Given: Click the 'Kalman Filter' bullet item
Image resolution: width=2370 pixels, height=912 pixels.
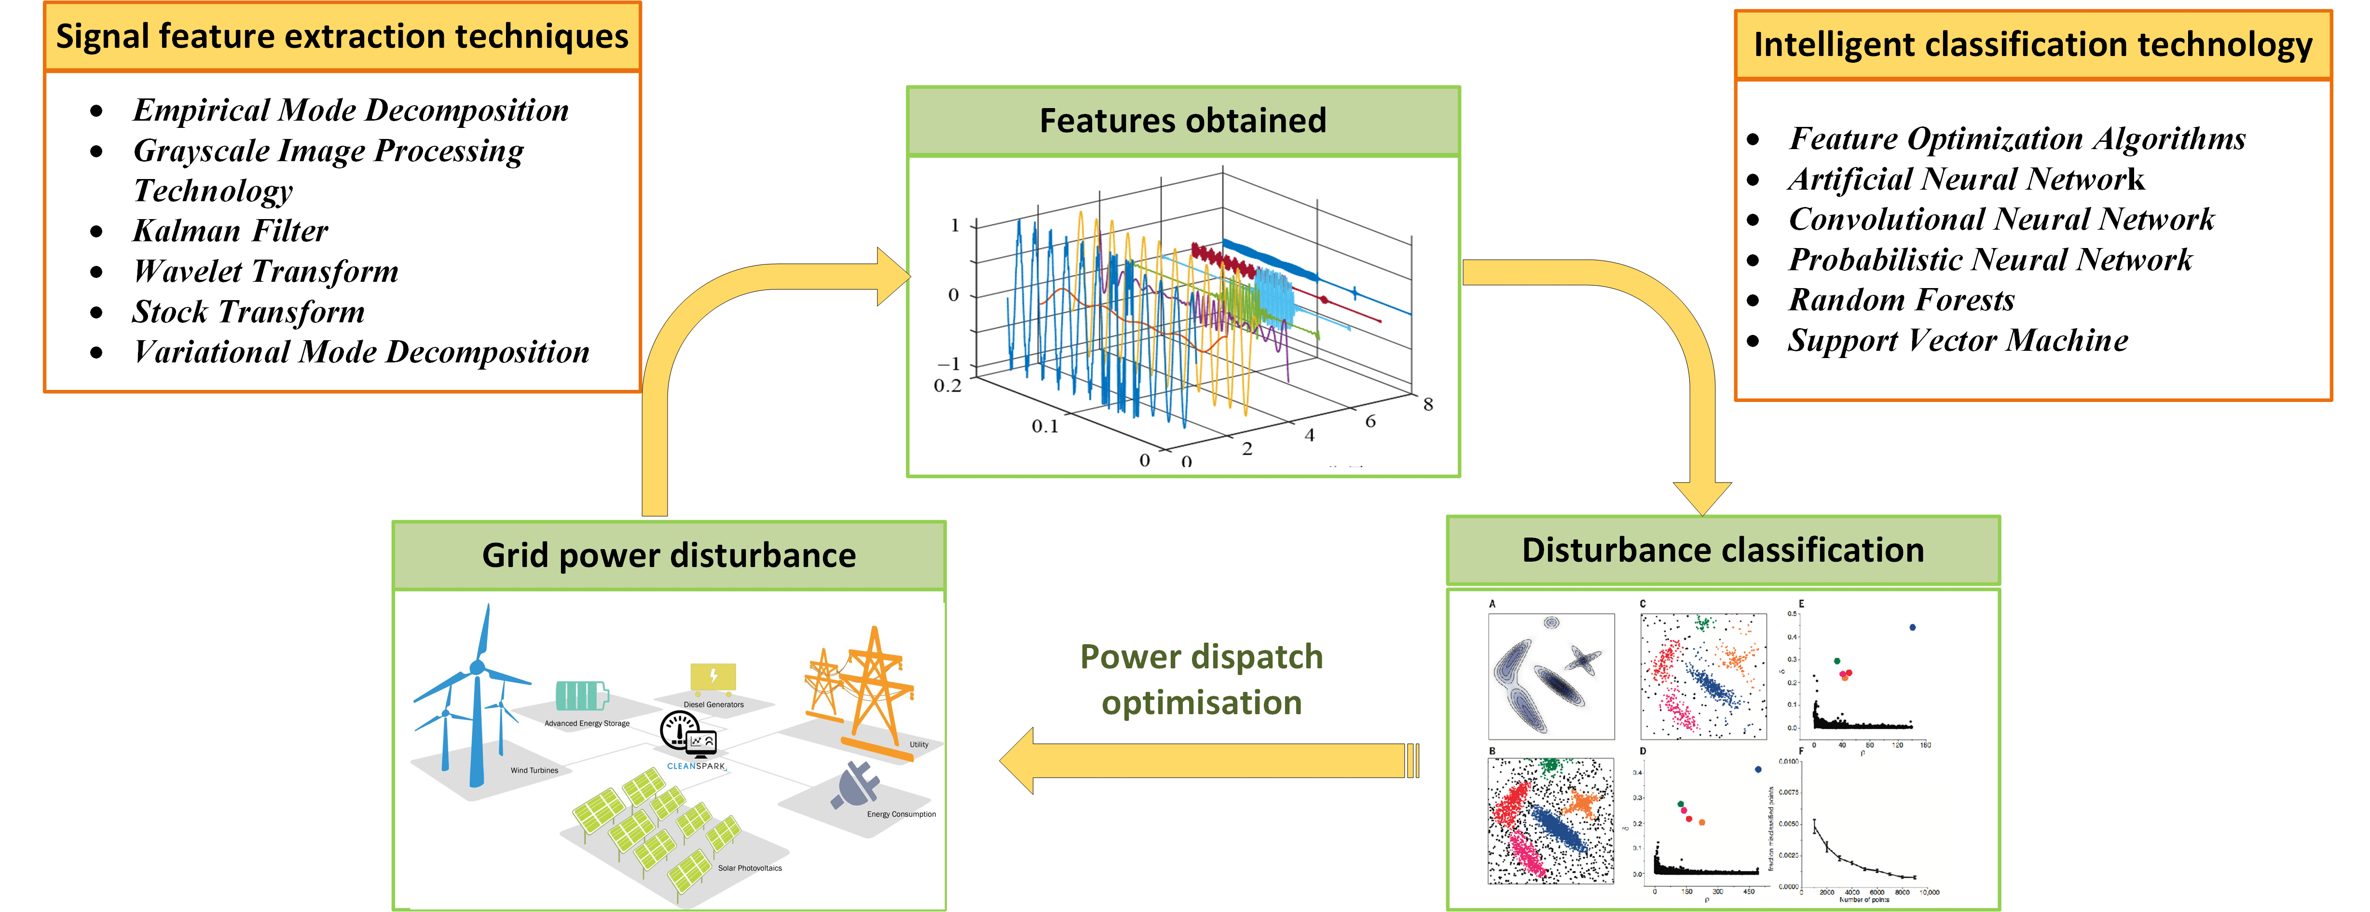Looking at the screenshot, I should click(230, 231).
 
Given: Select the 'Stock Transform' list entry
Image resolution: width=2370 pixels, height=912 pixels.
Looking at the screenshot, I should click(248, 312).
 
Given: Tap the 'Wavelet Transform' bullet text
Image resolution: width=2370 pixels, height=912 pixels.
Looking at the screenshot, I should click(266, 272).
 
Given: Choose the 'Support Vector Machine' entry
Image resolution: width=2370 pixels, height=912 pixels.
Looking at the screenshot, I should click(1958, 341).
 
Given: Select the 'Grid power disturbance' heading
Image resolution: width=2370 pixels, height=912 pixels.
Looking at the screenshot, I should click(669, 556).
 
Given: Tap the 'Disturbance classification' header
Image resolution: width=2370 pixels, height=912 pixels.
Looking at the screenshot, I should click(1722, 550).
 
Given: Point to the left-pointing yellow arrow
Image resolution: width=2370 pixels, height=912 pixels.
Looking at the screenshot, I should click(1205, 760).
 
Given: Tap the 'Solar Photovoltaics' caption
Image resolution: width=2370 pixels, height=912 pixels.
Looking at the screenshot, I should click(750, 868).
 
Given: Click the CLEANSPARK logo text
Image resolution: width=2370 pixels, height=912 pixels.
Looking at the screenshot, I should click(696, 766).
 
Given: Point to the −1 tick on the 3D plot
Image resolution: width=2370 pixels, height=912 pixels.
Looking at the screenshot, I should click(949, 364).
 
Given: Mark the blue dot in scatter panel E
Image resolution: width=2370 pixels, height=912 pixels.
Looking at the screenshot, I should click(1913, 628).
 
